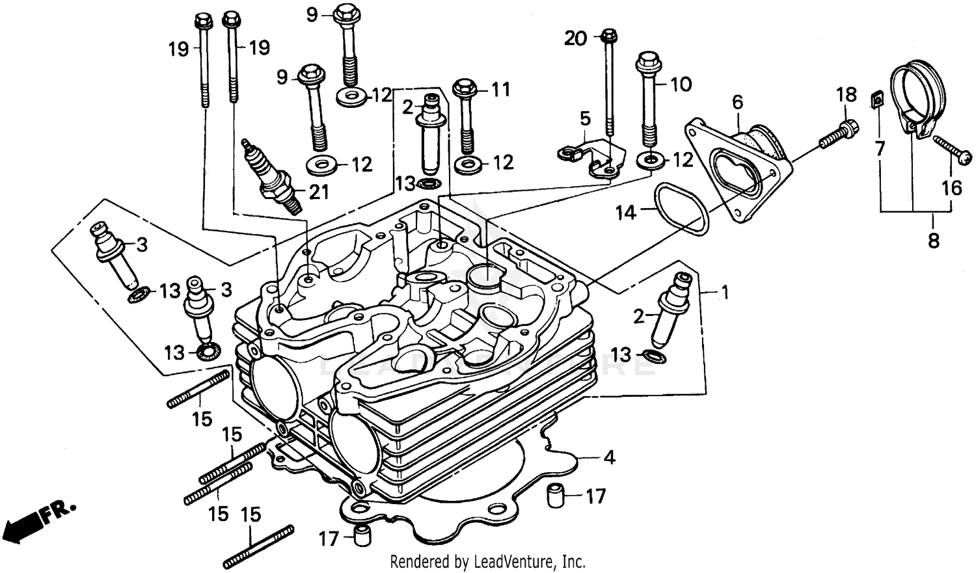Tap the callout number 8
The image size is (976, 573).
click(x=933, y=241)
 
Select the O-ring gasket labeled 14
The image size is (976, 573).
click(x=681, y=210)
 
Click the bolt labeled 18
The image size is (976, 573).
click(x=837, y=133)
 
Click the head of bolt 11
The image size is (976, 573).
click(x=465, y=88)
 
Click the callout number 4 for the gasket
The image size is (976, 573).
click(x=608, y=458)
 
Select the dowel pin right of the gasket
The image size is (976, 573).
click(x=554, y=497)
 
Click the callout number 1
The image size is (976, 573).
click(x=725, y=293)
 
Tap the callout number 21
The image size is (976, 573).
click(x=318, y=192)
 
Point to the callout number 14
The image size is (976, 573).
click(x=625, y=212)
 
